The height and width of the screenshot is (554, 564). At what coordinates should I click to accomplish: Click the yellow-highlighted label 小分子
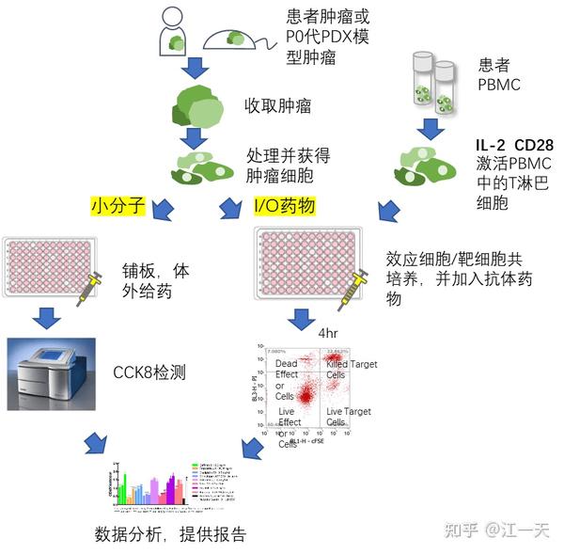pos(117,204)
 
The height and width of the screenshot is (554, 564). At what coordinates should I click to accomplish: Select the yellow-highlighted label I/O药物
pos(284,204)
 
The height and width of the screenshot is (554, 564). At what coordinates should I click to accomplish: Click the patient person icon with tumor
pos(172,31)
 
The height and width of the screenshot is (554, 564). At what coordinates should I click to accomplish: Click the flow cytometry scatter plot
pos(305,394)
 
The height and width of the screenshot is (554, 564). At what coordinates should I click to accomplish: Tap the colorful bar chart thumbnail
pos(169,487)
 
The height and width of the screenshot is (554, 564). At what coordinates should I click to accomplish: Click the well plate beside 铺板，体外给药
pos(52,267)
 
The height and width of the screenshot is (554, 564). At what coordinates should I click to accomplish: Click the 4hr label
pos(328,333)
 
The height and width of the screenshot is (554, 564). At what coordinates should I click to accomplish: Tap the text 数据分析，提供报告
pos(169,534)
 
